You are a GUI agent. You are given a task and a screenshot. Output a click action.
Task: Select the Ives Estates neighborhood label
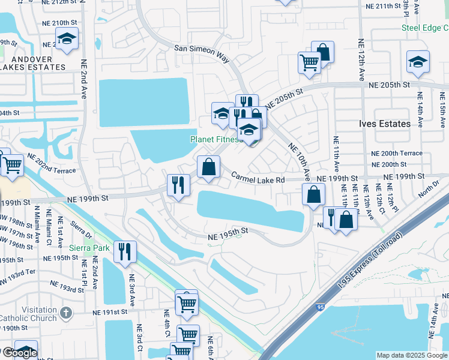tap(385, 124)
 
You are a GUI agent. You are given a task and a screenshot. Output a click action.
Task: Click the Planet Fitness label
tap(215, 139)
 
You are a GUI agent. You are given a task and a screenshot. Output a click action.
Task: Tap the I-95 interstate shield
tap(319, 307)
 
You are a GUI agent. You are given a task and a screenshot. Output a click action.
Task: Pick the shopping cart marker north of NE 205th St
tap(309, 62)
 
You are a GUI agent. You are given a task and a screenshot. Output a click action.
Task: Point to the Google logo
tap(19, 353)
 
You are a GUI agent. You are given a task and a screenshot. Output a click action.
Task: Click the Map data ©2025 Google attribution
tap(412, 355)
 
